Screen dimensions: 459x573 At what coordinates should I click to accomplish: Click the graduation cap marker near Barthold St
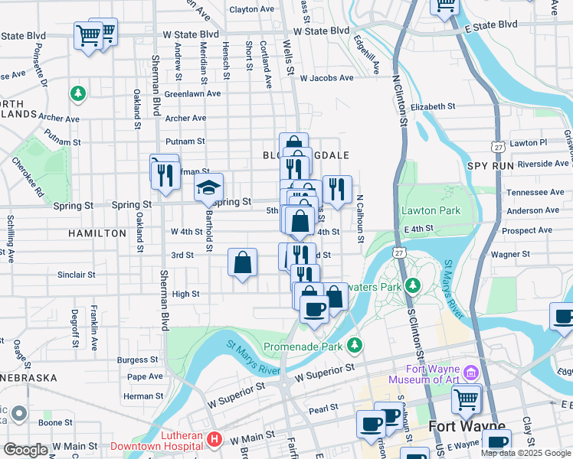208,187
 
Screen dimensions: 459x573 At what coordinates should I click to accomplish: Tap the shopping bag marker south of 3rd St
242,264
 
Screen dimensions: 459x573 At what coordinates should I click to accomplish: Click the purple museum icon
470,373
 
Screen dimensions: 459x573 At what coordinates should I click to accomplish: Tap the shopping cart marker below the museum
467,399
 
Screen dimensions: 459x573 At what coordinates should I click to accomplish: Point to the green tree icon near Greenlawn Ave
77,93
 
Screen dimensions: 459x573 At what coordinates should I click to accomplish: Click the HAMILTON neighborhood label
96,232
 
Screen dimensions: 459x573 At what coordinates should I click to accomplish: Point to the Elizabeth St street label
434,107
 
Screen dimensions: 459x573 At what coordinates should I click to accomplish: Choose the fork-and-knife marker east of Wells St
337,188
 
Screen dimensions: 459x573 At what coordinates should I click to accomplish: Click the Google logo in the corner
25,450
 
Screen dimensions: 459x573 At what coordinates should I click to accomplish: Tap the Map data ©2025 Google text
526,453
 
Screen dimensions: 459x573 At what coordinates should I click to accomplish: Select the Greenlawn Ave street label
192,93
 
